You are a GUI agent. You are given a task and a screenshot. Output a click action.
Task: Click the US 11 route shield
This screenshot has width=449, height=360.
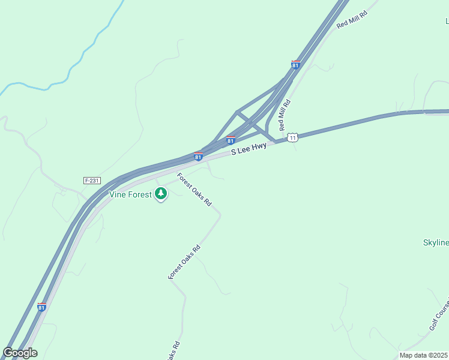point(292,137)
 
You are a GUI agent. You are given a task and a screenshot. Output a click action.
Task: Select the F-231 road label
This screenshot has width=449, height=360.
point(92,180)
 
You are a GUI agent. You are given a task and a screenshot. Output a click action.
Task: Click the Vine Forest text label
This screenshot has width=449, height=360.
point(131,194)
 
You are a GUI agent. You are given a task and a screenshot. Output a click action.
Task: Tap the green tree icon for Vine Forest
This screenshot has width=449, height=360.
point(160,193)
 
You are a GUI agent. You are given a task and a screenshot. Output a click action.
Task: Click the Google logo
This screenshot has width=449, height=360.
point(20,352)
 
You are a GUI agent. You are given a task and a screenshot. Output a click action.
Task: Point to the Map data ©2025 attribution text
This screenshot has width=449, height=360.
point(424,355)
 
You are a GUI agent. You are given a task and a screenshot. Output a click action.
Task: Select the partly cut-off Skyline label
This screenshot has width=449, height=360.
point(436,242)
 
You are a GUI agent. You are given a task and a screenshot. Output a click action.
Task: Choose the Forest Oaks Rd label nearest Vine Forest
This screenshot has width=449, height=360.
point(194,190)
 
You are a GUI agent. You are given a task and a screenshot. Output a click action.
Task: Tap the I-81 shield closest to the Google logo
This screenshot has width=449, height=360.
point(41,307)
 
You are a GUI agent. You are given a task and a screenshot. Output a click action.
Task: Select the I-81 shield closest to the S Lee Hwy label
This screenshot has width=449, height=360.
point(231,140)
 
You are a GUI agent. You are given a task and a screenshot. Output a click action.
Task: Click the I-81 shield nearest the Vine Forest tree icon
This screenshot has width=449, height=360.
point(198,157)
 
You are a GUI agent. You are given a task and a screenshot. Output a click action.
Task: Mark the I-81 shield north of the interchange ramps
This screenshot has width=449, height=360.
point(295,65)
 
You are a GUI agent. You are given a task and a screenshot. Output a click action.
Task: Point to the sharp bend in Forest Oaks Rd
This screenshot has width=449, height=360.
point(220,214)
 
